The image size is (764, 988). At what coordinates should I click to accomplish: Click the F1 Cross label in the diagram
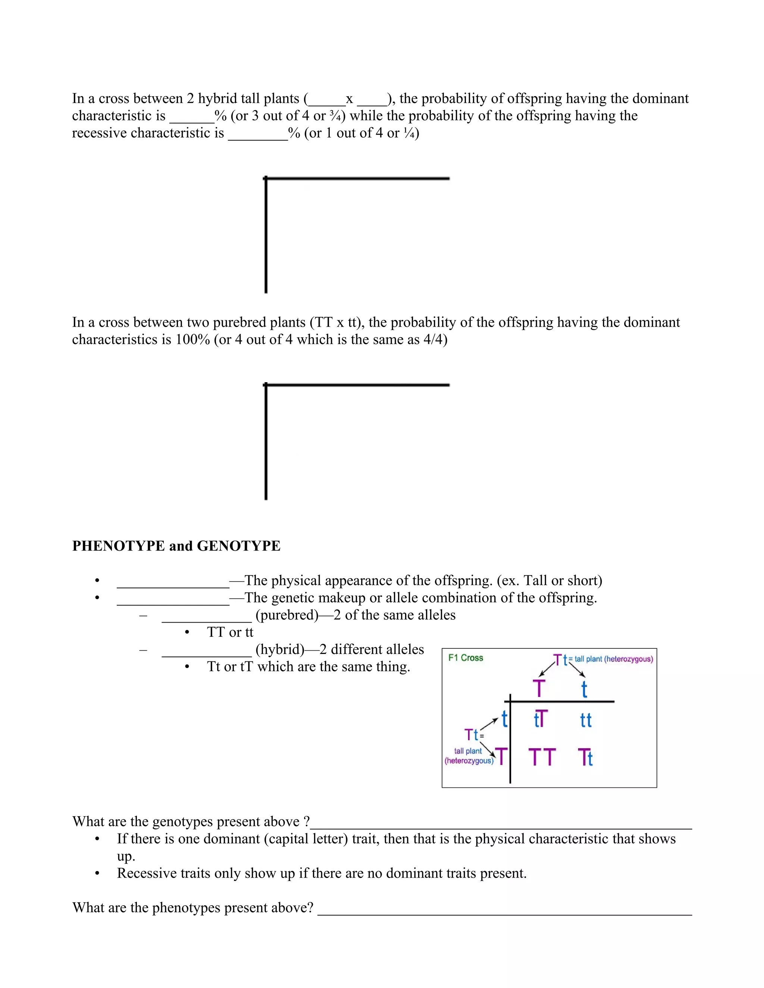[465, 658]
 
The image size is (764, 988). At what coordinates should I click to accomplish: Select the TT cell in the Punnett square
[542, 757]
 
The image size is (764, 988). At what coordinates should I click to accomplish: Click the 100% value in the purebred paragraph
[193, 339]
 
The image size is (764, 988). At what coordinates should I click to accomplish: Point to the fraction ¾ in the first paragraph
[335, 116]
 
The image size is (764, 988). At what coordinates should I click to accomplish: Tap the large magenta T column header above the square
[539, 689]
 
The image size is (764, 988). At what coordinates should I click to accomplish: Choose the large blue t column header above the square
[584, 689]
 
